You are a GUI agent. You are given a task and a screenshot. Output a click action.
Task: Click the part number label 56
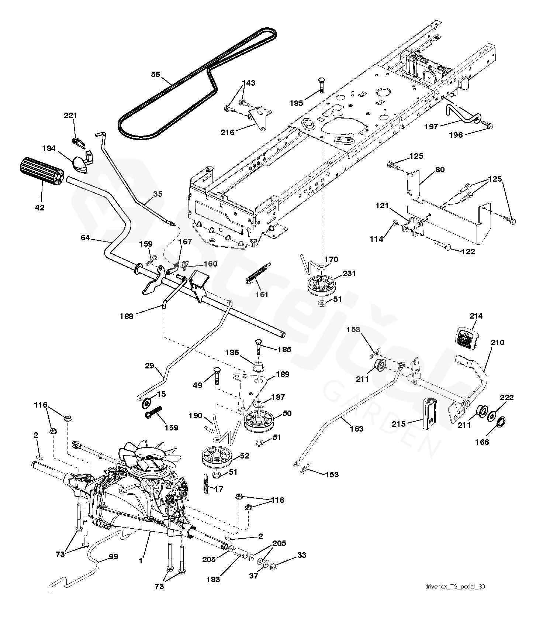tap(156, 75)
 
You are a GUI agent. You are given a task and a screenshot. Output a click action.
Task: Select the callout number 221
tap(70, 116)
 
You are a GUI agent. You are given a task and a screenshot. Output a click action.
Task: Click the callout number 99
tap(114, 556)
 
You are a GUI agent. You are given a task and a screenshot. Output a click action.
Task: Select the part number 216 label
tap(227, 132)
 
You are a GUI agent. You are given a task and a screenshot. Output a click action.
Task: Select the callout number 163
tap(356, 428)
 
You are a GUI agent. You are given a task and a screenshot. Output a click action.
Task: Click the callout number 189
tap(283, 374)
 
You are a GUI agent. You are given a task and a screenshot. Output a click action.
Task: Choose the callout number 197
tap(431, 126)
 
